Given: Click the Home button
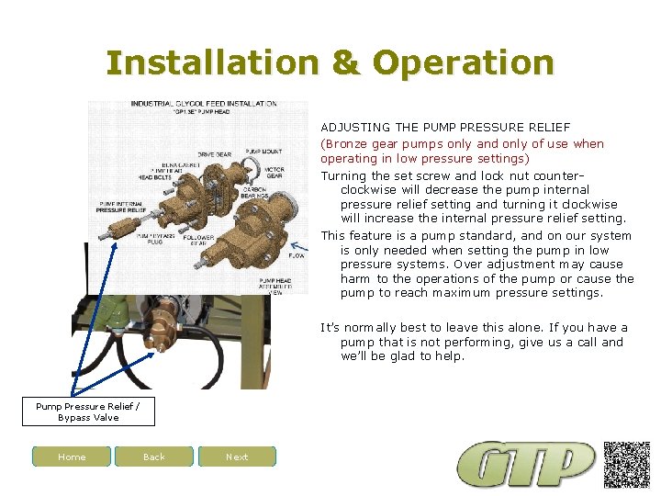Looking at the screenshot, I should coord(72,457).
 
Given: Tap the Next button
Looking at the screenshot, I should coord(237,457).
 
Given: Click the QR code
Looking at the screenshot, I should coord(627,464).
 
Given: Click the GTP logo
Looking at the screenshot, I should coord(527,465).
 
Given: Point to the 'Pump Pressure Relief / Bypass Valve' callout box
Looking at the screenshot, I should coord(87,411).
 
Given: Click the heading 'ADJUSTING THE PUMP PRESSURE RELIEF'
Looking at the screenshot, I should coord(445,127).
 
